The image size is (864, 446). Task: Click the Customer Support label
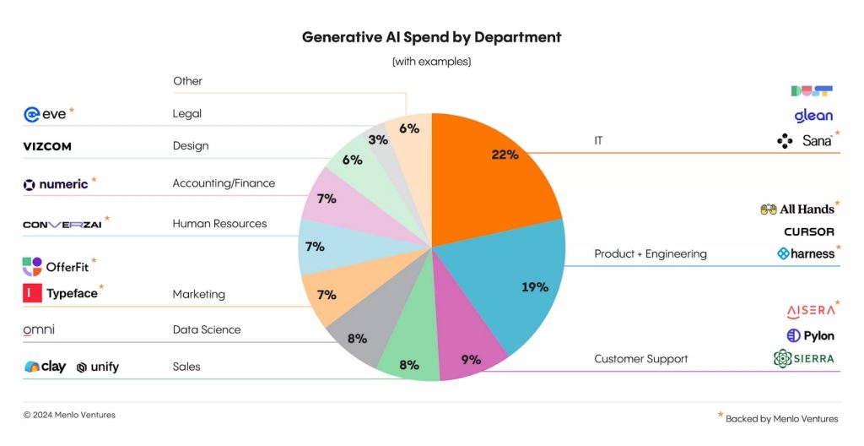(x=640, y=359)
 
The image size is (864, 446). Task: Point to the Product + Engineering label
(x=651, y=253)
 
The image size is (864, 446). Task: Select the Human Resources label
(x=219, y=224)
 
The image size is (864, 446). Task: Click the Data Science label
(x=207, y=329)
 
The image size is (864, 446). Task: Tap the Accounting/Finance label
(x=224, y=183)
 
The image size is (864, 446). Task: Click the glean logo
(x=813, y=116)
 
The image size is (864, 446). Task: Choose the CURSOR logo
(x=809, y=231)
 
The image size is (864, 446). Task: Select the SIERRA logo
(x=803, y=358)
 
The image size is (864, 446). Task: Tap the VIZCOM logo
(x=47, y=146)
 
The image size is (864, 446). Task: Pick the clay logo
(x=46, y=367)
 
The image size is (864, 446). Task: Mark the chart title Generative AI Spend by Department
(x=431, y=37)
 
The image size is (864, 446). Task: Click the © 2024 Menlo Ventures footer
(x=69, y=415)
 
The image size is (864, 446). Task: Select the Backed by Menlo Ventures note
(x=781, y=418)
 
